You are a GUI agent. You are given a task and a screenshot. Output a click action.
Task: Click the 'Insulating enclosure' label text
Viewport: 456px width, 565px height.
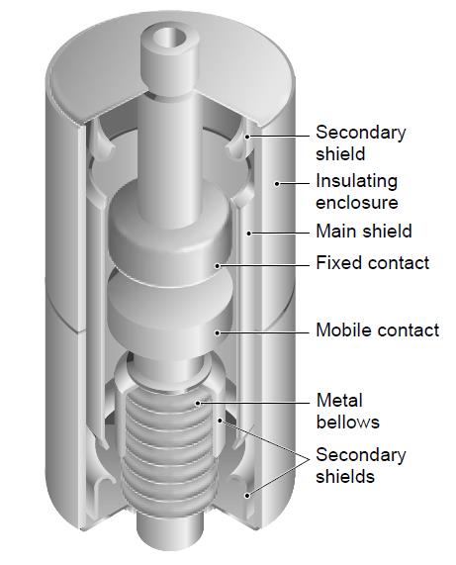coord(357,191)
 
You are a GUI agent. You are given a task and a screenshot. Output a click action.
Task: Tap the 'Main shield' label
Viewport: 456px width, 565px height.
coord(364,231)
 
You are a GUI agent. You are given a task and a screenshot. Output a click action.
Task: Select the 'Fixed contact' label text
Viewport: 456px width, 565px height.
coord(373,262)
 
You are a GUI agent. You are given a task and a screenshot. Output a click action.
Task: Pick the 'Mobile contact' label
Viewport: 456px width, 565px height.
coord(378,330)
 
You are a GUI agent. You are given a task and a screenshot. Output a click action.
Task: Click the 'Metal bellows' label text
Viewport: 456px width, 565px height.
coord(347,412)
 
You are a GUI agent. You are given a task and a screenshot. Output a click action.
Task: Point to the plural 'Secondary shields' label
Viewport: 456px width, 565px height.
coord(361,465)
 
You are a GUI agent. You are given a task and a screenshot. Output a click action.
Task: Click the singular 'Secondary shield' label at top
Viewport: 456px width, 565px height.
coord(361,143)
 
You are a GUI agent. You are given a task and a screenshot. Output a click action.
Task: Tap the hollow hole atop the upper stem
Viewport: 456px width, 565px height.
coord(171,37)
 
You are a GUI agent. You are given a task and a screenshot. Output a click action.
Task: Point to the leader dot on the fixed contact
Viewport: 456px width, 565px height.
coord(218,266)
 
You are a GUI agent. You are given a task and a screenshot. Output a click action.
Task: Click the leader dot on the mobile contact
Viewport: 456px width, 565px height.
coord(218,332)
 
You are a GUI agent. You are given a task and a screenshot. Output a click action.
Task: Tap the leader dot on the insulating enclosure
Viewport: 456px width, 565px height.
coord(277,184)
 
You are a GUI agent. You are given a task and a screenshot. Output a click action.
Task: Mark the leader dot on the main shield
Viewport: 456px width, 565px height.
coord(248,234)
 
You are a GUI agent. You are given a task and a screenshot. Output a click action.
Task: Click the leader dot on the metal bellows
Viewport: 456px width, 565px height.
coord(198,403)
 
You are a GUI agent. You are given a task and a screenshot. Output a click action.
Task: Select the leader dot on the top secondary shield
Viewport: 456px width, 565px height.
coord(247,137)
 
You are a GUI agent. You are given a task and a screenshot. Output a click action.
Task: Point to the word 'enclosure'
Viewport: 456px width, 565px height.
coord(357,203)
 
